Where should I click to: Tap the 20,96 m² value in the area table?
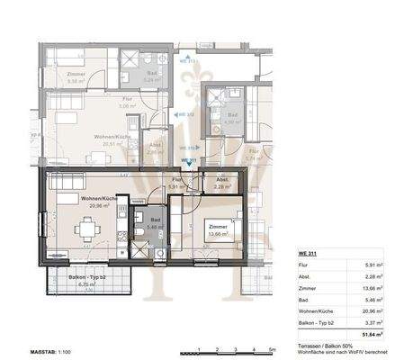click(376, 306)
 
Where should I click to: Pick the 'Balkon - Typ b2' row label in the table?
click(318, 316)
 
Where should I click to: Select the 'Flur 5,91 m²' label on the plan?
click(177, 183)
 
